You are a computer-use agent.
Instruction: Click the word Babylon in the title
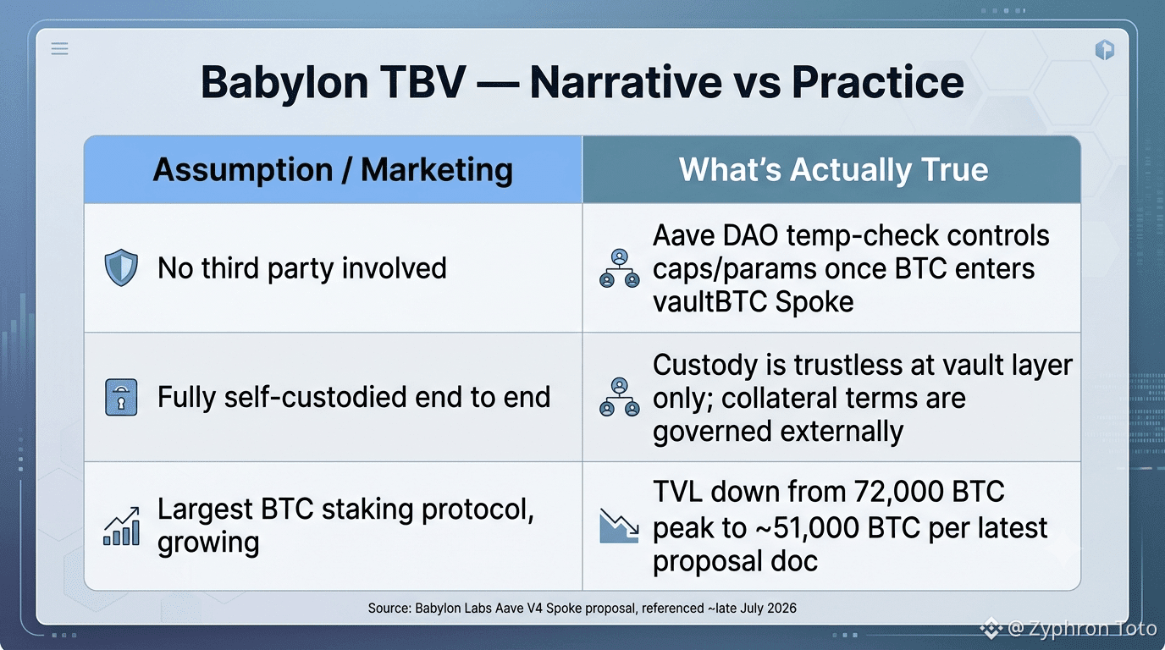coord(284,83)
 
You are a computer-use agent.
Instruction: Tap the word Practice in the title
coord(877,81)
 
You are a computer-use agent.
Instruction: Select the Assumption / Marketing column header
coord(333,169)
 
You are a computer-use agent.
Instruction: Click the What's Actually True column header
coord(833,169)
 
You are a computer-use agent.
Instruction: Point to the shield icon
coord(121,267)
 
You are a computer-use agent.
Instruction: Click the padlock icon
coord(121,397)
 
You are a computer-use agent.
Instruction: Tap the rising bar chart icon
coord(122,526)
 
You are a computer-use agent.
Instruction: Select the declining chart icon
coord(619,526)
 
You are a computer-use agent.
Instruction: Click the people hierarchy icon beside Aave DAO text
coord(619,268)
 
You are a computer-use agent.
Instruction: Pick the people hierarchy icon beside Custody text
coord(619,397)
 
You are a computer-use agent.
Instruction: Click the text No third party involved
coord(302,268)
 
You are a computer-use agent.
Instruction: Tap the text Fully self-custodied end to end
coord(354,398)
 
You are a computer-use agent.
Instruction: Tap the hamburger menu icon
coord(60,49)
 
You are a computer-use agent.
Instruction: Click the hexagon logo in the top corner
coord(1105,50)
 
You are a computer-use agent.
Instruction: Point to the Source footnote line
coord(582,608)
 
